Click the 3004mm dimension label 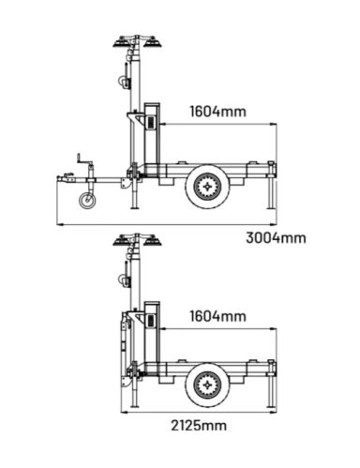click(x=276, y=238)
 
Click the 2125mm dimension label click(x=199, y=426)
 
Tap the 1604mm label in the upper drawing click(x=218, y=112)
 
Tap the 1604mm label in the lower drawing click(x=218, y=316)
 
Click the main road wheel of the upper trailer click(x=207, y=187)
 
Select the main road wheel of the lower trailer click(x=207, y=385)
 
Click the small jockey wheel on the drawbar click(x=87, y=201)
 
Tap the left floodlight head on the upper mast click(x=121, y=43)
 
